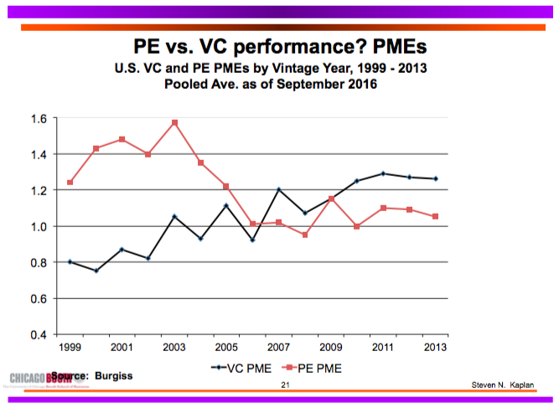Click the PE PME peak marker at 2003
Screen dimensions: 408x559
coord(175,123)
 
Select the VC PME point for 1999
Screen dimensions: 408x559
coord(70,262)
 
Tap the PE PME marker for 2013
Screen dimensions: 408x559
coord(436,217)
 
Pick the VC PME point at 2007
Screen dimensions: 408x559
coord(279,189)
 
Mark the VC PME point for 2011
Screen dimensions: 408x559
coord(384,173)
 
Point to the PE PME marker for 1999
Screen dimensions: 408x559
coord(70,183)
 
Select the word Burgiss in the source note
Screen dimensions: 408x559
coord(112,376)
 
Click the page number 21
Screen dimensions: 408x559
coord(286,385)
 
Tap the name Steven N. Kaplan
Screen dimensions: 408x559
coord(501,384)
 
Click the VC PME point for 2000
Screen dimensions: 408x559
coord(96,271)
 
